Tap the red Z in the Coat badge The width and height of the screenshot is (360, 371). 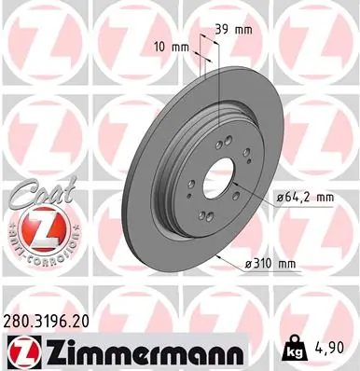tap(37, 227)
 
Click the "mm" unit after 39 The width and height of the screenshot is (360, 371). tap(245, 29)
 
